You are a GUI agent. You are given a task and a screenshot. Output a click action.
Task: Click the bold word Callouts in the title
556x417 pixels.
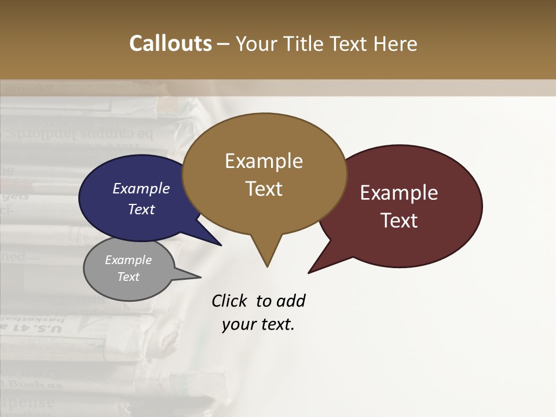170,43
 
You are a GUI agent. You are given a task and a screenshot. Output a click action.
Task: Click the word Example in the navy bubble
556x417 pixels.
141,188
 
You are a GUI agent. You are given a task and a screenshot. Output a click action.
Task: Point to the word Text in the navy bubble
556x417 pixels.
141,209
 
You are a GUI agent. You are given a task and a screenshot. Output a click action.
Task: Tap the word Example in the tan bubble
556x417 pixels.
264,161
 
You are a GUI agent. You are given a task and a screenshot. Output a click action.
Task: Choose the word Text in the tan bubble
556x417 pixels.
264,189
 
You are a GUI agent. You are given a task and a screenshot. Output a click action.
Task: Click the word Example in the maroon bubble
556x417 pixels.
399,193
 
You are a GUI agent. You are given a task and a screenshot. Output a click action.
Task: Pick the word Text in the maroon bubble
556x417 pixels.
399,221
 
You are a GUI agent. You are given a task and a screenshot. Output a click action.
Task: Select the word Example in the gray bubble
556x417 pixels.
128,260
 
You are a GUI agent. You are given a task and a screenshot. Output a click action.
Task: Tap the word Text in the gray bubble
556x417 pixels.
128,277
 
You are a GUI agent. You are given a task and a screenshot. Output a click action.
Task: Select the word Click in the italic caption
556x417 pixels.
231,301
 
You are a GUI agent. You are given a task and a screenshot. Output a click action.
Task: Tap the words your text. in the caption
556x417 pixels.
258,324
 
